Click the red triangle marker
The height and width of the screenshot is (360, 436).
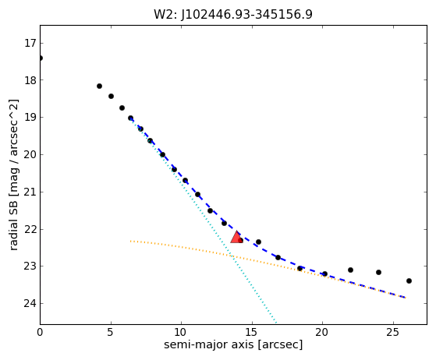click(x=236, y=238)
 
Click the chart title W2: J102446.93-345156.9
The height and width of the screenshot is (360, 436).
click(x=233, y=15)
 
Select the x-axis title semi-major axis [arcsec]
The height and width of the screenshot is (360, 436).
click(x=233, y=344)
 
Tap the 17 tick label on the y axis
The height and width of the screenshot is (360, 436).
click(x=30, y=44)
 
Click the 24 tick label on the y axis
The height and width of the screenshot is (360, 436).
click(x=30, y=303)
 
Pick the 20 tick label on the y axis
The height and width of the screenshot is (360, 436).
click(x=30, y=155)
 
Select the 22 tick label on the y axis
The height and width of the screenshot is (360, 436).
click(x=30, y=229)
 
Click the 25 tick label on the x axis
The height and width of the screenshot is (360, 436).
click(x=393, y=332)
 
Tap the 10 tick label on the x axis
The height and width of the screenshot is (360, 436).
click(x=181, y=332)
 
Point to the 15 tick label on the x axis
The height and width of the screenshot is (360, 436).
click(x=252, y=332)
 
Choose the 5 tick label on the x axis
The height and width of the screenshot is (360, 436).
click(x=111, y=332)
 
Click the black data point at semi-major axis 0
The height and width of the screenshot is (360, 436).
click(x=41, y=58)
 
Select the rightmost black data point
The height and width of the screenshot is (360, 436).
click(x=409, y=281)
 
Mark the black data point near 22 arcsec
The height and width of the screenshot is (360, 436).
click(x=350, y=270)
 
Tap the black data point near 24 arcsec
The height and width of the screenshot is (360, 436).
click(x=378, y=272)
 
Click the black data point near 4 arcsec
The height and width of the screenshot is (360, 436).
click(x=99, y=86)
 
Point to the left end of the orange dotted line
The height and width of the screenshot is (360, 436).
click(x=130, y=241)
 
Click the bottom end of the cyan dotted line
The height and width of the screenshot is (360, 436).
click(x=276, y=323)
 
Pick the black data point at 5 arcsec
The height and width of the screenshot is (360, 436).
click(x=111, y=97)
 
